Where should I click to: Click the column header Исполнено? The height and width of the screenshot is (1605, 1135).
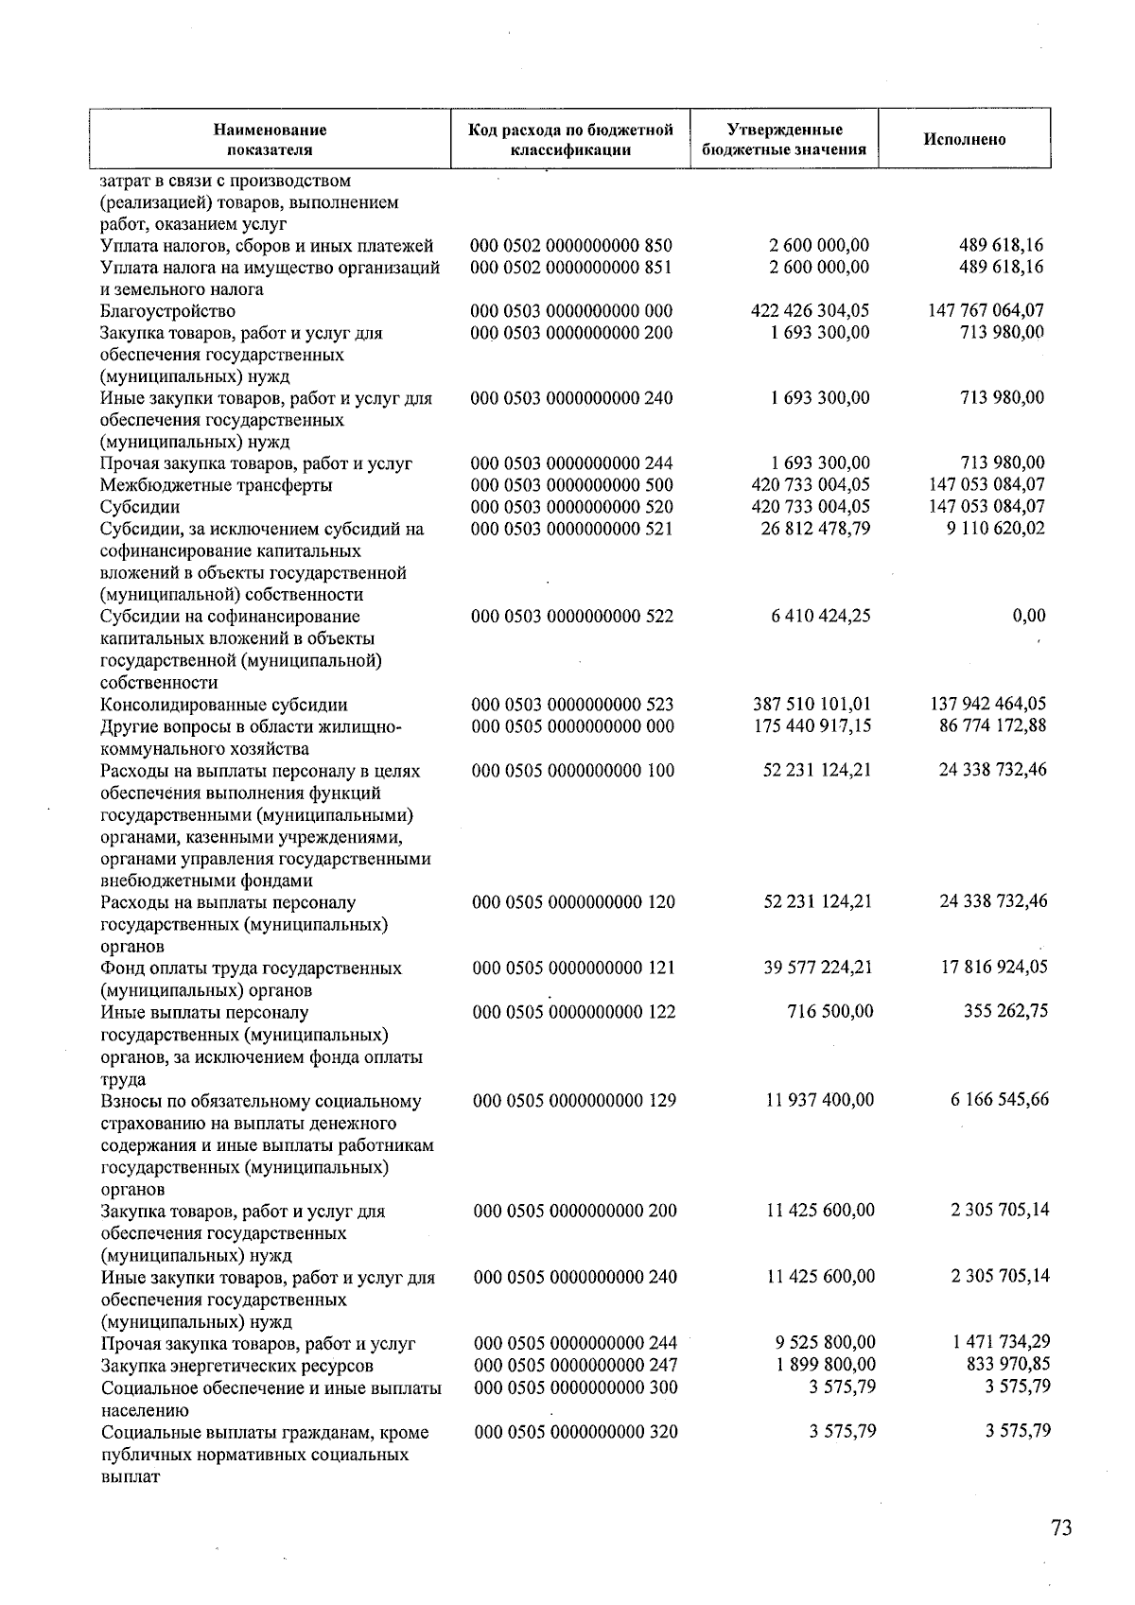click(964, 140)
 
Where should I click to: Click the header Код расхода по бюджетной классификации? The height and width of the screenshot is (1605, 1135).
click(570, 140)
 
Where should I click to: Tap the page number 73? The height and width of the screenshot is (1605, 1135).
click(1061, 1527)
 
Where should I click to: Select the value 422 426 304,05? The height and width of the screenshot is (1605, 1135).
click(810, 310)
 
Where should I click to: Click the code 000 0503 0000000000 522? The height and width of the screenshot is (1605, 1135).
click(572, 617)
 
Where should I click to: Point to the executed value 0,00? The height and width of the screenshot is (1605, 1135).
click(1028, 616)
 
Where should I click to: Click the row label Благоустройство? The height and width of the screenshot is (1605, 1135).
click(168, 311)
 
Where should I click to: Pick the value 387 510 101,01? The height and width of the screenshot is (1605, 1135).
click(810, 705)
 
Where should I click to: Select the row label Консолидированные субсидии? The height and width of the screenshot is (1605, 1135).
click(224, 705)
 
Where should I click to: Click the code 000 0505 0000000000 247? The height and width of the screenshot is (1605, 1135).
click(575, 1365)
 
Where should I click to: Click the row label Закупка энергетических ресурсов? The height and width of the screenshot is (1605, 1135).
click(237, 1366)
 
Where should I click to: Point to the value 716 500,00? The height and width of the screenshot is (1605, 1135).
click(830, 1011)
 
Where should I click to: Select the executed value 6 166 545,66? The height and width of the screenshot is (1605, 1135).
click(1000, 1099)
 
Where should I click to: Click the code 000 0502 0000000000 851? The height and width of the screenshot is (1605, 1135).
click(571, 267)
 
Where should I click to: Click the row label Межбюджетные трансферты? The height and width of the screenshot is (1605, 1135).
click(217, 485)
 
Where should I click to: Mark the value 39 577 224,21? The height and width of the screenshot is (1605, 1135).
click(817, 967)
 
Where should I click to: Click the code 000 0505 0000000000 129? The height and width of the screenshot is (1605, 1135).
click(574, 1100)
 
